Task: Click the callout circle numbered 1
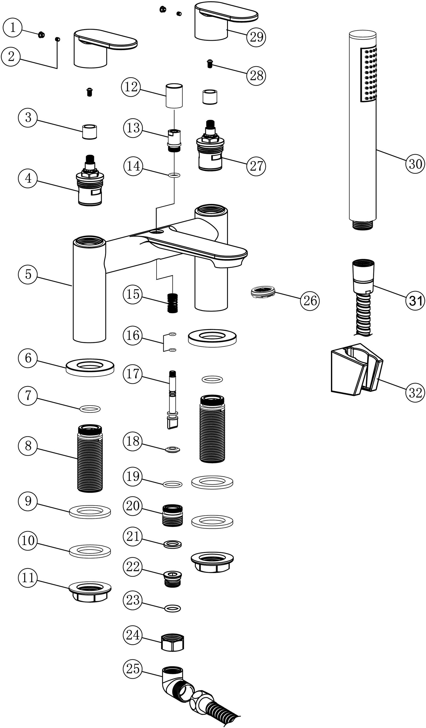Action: pyautogui.click(x=13, y=28)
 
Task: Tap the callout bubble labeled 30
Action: pyautogui.click(x=415, y=164)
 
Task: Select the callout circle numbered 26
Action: pyautogui.click(x=310, y=300)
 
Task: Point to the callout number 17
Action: pyautogui.click(x=133, y=374)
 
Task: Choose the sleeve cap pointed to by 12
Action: pyautogui.click(x=174, y=96)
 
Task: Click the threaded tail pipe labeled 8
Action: pyautogui.click(x=90, y=459)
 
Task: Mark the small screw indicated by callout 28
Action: pyautogui.click(x=210, y=63)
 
